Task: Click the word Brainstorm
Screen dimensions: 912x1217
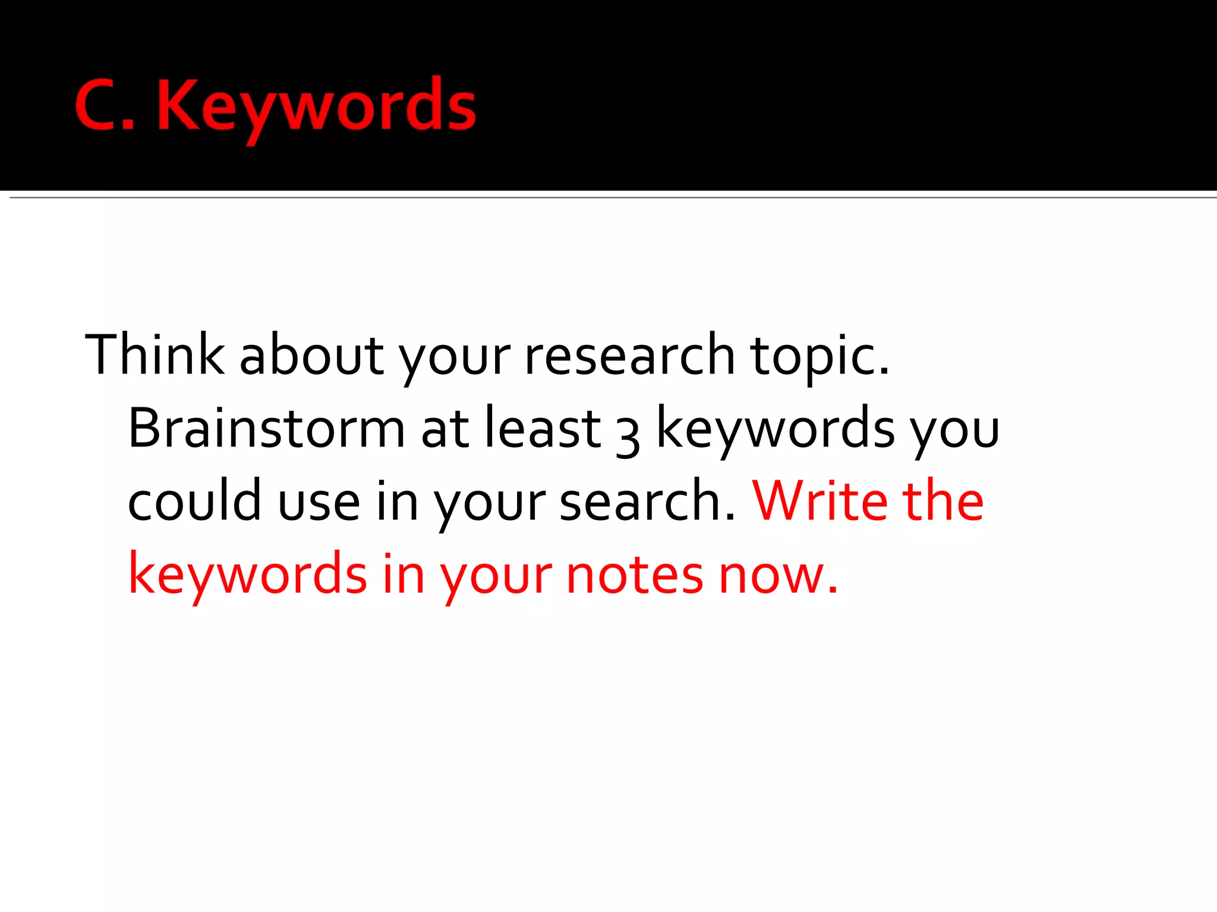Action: tap(266, 428)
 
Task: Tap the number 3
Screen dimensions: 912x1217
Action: tap(628, 436)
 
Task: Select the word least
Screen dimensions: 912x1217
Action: tap(543, 428)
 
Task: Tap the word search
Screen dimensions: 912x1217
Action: tap(647, 502)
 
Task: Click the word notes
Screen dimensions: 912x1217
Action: tap(635, 575)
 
